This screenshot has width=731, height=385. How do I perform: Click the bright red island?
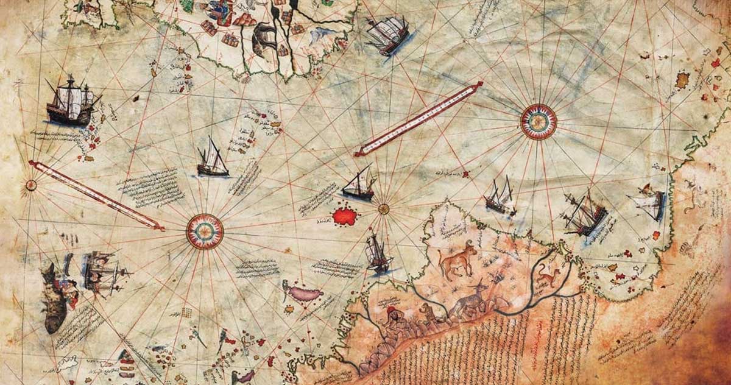click(345, 216)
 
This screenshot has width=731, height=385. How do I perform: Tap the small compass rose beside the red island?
click(383, 209)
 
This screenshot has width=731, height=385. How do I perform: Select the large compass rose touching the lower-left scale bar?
click(205, 231)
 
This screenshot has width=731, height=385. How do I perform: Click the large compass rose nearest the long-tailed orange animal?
click(539, 122)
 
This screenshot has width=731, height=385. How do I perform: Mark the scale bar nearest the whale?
click(96, 195)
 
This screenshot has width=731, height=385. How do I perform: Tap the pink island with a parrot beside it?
click(305, 294)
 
